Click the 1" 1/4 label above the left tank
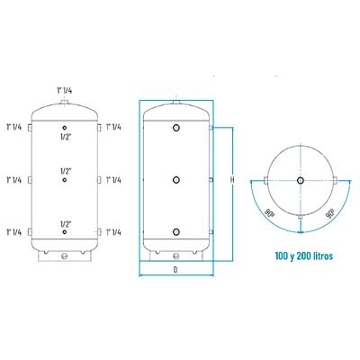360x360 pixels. click(x=65, y=90)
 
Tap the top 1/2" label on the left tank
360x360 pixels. click(x=66, y=137)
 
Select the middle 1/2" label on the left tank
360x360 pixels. click(x=66, y=171)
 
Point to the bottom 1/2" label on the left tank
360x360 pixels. click(x=66, y=224)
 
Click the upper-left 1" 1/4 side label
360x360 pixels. click(x=14, y=127)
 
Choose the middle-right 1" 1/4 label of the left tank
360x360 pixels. click(x=113, y=180)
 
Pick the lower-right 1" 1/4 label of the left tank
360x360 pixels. click(x=113, y=232)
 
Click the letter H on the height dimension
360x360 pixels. click(x=232, y=180)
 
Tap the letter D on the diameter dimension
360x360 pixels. click(x=175, y=269)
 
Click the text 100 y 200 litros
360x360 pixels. click(x=304, y=256)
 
